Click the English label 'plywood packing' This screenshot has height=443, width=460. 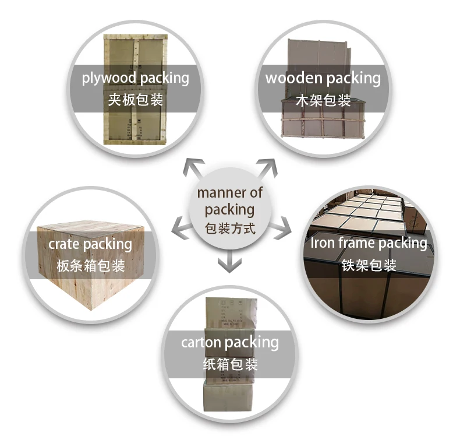135,78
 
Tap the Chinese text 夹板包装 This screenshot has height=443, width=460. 135,99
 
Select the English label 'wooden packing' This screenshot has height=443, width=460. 323,78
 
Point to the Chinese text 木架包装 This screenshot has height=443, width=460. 323,100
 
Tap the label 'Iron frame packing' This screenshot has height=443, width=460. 369,242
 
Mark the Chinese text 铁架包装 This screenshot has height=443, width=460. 369,265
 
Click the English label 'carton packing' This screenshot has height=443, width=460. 229,342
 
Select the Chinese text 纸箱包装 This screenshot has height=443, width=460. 229,365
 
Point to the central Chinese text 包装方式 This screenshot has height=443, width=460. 229,227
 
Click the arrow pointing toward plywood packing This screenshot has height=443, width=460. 192,169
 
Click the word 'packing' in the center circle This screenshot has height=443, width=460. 229,209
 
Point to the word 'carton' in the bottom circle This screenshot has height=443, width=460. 201,342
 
